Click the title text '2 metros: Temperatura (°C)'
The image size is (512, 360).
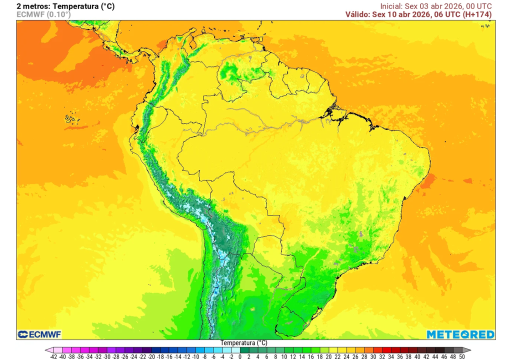(65, 6)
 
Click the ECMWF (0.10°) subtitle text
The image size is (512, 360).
(43, 14)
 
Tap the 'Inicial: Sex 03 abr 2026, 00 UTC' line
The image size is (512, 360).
(436, 6)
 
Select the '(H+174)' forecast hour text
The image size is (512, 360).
(477, 14)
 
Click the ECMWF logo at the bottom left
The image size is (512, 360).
(39, 334)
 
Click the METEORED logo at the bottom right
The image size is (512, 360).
(460, 334)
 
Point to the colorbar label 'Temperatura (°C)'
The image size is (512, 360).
(244, 343)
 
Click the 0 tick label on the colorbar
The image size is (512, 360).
(240, 357)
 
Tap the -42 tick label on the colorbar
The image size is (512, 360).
(53, 357)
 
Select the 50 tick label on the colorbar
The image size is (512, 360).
(462, 357)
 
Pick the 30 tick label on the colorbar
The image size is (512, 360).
(373, 357)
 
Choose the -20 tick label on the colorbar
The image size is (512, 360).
(151, 357)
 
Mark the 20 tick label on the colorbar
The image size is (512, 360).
(329, 357)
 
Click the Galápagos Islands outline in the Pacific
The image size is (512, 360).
(71, 118)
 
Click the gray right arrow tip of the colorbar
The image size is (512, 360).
(468, 350)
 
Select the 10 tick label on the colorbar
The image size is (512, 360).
(284, 357)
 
